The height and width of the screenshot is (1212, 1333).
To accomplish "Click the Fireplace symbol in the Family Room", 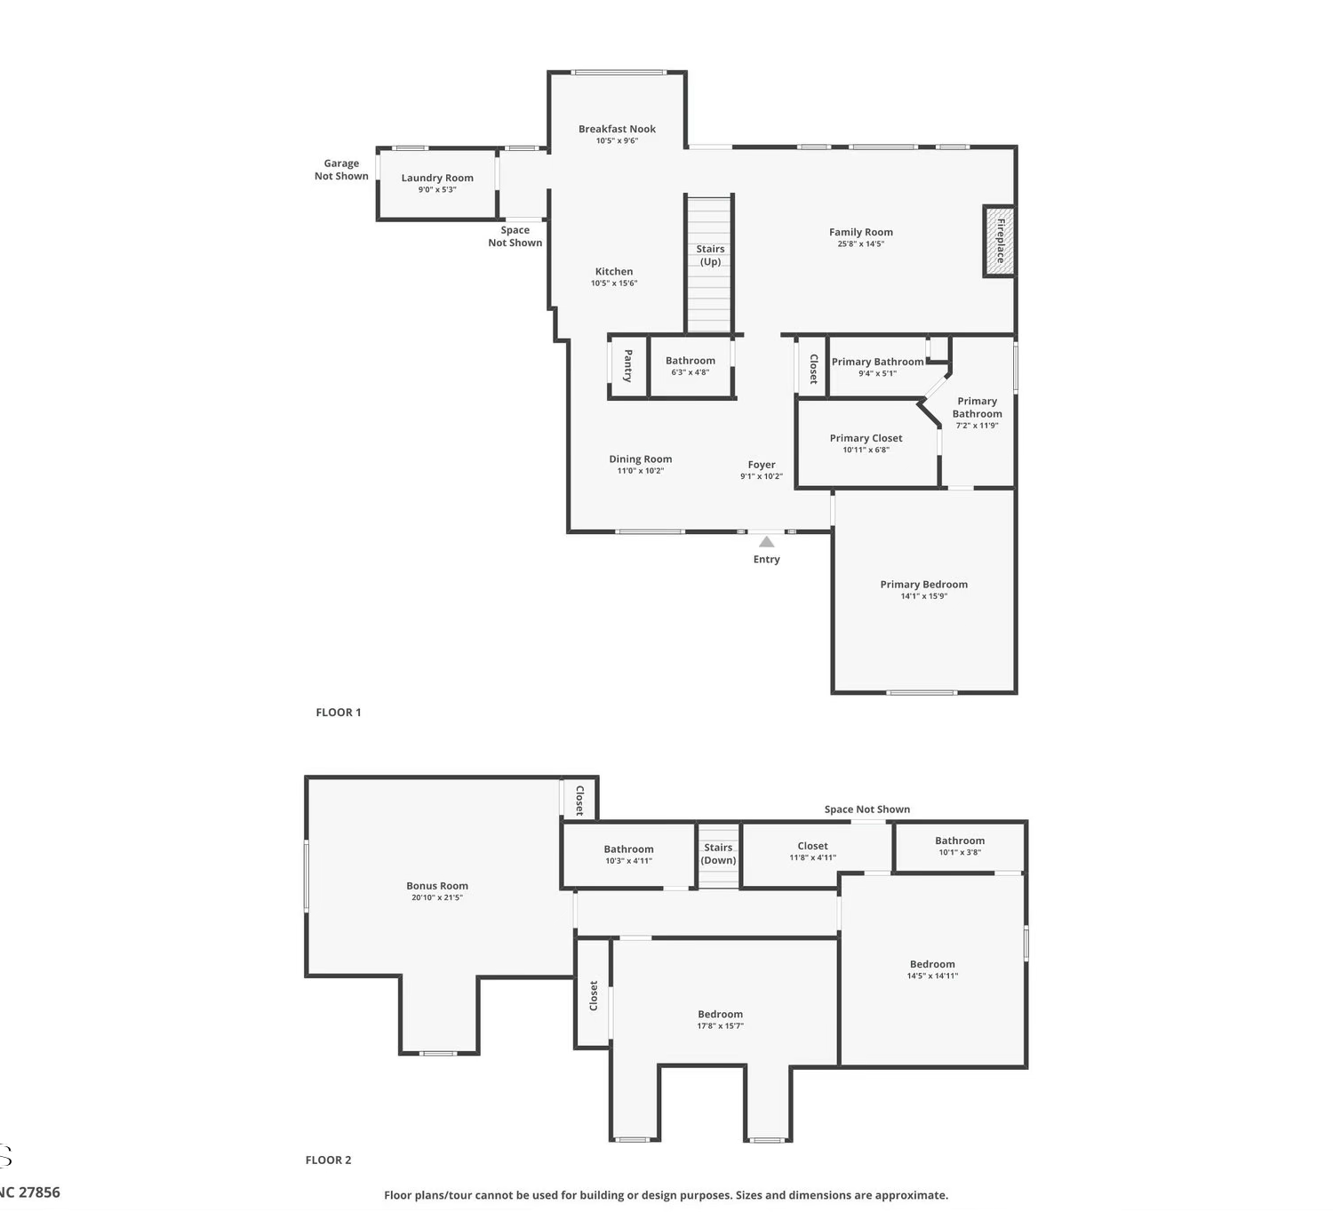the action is point(1000,241).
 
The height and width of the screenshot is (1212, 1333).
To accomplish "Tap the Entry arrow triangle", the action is point(766,541).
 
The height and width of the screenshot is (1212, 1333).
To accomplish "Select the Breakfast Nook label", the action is point(617,129).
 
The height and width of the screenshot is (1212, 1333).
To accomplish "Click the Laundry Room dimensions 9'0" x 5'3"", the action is point(437,189).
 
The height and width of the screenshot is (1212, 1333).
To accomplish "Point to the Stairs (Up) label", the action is point(710,255).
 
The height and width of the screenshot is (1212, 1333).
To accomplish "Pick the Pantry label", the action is point(628,365).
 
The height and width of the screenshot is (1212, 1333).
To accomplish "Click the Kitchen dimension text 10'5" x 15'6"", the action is point(614,283).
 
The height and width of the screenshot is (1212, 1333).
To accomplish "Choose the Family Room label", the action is point(860,232).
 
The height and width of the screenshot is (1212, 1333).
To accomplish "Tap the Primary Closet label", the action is point(866,438).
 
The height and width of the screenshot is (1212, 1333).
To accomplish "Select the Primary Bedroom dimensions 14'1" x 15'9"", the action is point(923,596).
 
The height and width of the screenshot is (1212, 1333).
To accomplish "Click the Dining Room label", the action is point(640,459).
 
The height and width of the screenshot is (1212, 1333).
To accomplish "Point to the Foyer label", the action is point(762,465).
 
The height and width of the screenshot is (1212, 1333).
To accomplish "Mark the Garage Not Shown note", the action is point(341,170).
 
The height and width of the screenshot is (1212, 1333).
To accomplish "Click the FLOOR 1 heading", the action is point(339,713).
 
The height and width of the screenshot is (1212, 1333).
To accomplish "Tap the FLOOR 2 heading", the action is point(328,1160).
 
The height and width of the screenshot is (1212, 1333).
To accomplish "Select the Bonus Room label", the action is point(437,886).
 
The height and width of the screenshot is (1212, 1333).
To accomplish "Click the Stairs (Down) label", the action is point(718,854).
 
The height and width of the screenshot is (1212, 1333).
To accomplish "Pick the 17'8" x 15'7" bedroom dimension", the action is point(721,1026).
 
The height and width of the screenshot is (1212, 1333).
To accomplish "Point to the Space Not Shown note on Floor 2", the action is point(867,809).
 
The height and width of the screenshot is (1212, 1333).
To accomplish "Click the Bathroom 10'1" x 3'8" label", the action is point(960,841).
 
